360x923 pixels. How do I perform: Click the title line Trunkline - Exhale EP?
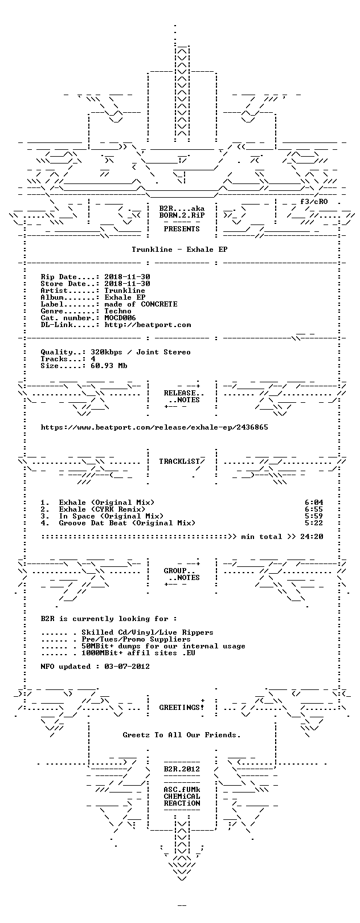coord(179,250)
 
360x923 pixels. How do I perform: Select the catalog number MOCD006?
coord(120,318)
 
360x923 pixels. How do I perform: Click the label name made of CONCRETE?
coord(141,304)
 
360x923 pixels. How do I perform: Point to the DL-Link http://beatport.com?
coord(148,325)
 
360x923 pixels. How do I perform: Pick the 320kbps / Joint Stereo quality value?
coord(141,352)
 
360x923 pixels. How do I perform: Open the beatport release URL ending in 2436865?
coord(154,427)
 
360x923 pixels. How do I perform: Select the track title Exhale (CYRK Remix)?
coord(102,509)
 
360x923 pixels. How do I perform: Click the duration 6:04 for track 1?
coord(314,503)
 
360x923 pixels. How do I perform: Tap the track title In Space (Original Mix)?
coord(111,516)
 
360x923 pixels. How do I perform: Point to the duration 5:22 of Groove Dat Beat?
coord(314,523)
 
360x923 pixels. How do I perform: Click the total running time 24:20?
coord(312,537)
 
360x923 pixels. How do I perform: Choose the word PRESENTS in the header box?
coord(182,228)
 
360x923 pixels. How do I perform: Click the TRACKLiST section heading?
coord(179,461)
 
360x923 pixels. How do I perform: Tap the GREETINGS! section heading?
coord(182,708)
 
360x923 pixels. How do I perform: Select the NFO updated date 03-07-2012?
coord(127,666)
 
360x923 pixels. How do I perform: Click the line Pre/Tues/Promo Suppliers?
coord(136,639)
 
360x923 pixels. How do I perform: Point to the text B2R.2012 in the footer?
coord(182,769)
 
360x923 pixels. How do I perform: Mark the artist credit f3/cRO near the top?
coord(314,202)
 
